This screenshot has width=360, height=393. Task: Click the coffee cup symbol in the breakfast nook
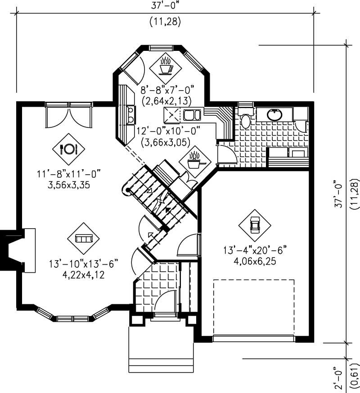(165, 66)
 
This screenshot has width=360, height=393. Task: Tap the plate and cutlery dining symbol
(68, 149)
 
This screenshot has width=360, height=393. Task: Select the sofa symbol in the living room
(83, 238)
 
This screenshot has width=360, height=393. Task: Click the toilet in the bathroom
(245, 120)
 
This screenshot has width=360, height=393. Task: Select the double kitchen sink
(192, 115)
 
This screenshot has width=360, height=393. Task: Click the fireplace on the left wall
(20, 250)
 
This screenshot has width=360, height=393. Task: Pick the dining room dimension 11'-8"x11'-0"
(68, 172)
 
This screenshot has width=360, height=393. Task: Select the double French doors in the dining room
(69, 115)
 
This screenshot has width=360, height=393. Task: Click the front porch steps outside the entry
(161, 349)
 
